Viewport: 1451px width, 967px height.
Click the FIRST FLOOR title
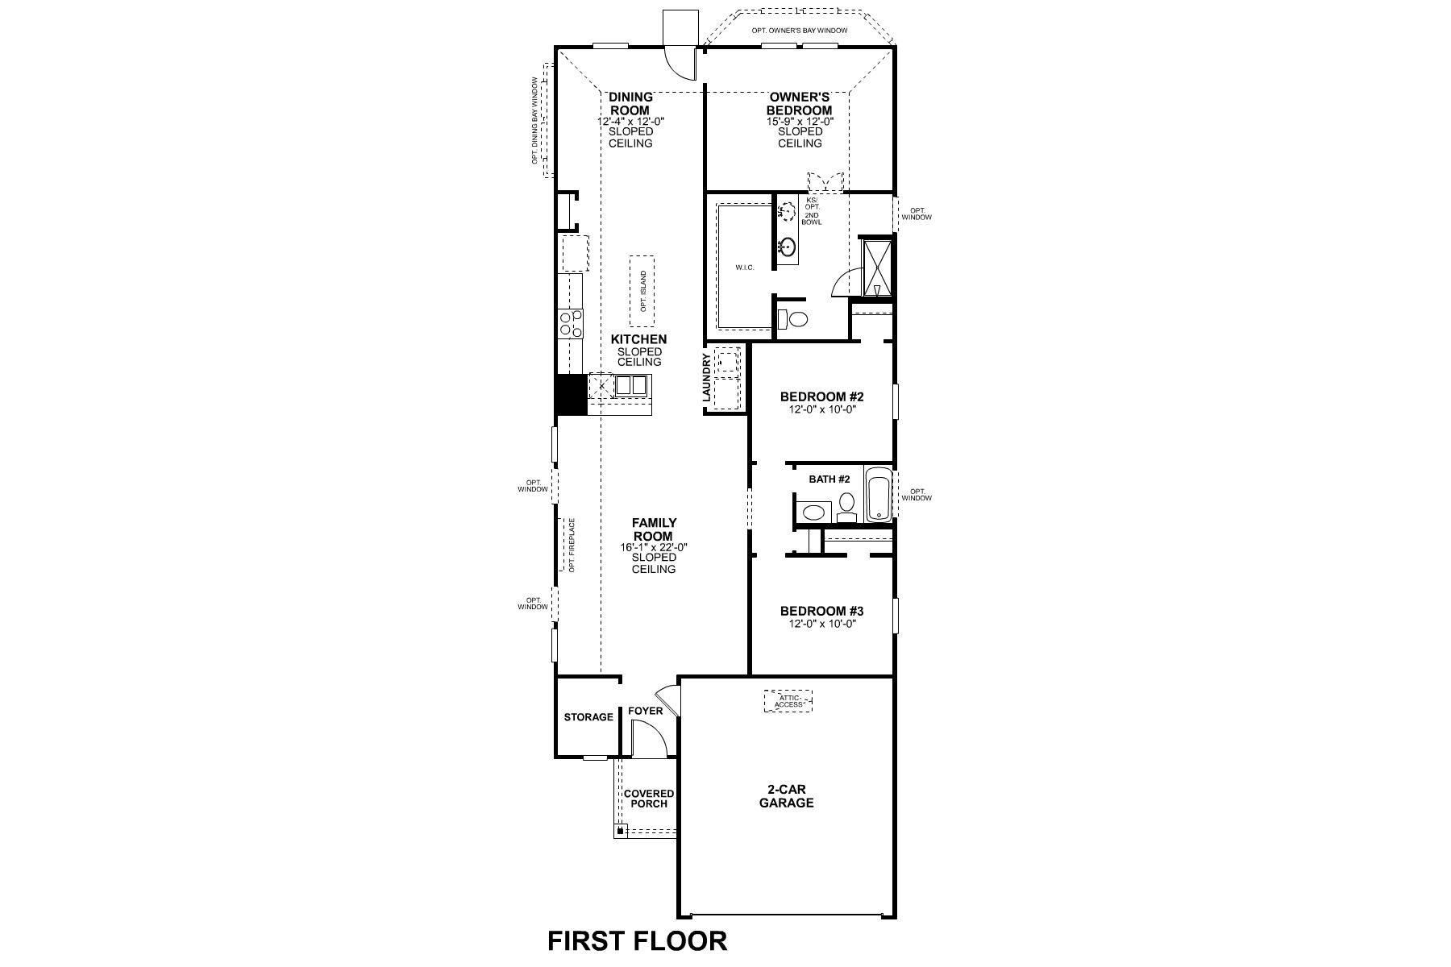coord(637,940)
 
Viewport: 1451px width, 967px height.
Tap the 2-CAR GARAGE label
coord(786,796)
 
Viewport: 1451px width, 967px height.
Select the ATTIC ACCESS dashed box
coord(788,701)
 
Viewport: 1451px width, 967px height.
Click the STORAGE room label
coord(588,717)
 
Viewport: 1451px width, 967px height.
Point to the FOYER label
coord(645,711)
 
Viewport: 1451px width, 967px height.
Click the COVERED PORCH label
coord(649,799)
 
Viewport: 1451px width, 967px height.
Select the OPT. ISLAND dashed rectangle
coord(642,291)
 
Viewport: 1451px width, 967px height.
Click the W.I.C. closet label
coord(744,268)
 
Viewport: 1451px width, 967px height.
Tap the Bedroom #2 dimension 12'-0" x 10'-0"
coord(821,409)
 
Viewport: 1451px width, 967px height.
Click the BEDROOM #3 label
coord(821,611)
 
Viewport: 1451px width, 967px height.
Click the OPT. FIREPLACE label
coord(572,545)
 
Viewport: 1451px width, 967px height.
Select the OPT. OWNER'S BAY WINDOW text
coord(799,31)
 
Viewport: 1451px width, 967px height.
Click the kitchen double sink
coord(630,386)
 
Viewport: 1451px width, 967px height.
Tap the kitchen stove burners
coord(569,323)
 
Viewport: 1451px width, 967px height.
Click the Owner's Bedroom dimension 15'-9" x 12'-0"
coord(799,121)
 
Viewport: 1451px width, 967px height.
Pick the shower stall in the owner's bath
coord(875,267)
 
